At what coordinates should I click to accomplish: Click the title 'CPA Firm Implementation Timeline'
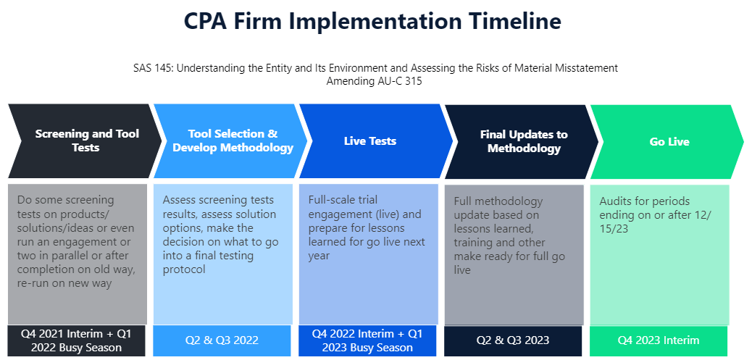click(x=372, y=22)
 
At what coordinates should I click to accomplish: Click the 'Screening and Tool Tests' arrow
click(x=85, y=141)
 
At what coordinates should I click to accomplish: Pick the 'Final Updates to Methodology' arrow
click(x=522, y=141)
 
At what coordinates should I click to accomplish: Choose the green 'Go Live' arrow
click(x=667, y=141)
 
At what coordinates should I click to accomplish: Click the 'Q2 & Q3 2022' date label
click(x=222, y=340)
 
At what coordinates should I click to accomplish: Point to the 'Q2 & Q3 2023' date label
click(x=513, y=340)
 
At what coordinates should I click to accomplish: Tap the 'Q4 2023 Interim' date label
click(x=658, y=340)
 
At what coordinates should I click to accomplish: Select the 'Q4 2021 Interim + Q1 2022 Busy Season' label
click(x=76, y=340)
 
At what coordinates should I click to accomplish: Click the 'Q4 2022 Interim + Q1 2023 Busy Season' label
click(x=367, y=340)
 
